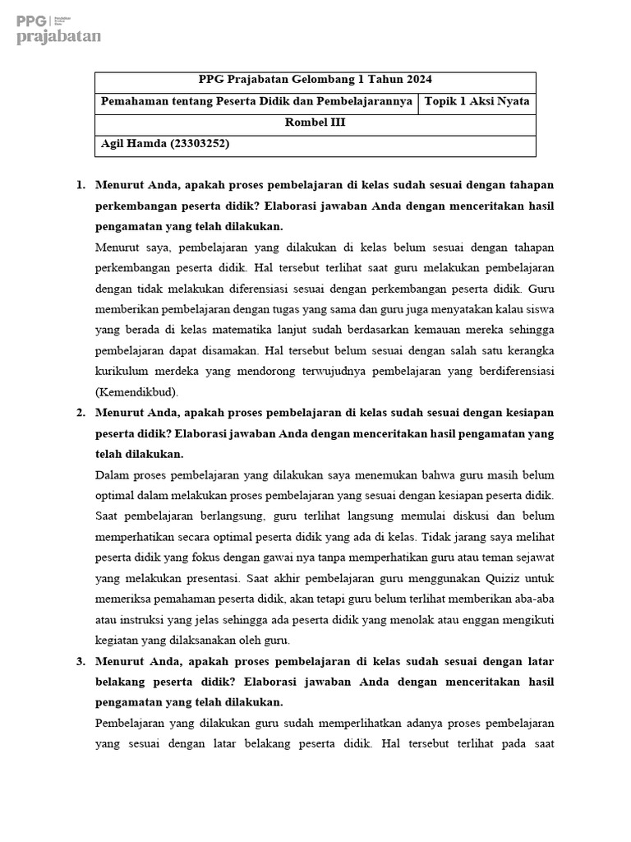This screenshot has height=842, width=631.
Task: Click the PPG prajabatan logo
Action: click(x=58, y=29)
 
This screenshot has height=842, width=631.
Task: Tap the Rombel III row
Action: click(x=315, y=123)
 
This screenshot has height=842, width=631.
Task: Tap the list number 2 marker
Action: click(x=81, y=413)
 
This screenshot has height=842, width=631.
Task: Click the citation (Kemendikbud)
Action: click(x=136, y=391)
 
